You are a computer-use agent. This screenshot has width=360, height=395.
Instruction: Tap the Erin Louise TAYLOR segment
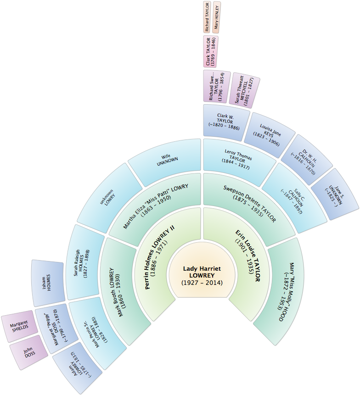[x=245, y=260]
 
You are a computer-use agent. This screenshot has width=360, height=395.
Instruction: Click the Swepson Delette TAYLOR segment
[x=250, y=205]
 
